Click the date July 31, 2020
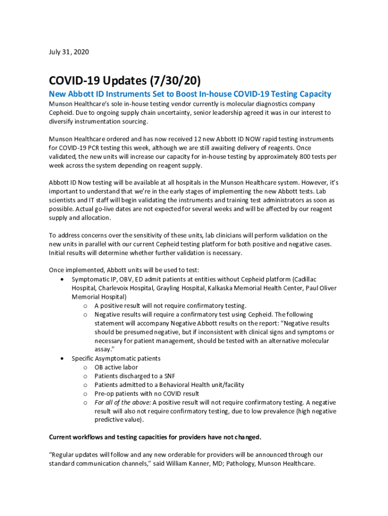click(x=69, y=52)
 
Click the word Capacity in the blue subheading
click(x=315, y=94)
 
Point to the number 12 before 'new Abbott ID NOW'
click(x=192, y=139)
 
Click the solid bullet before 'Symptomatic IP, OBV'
click(x=61, y=279)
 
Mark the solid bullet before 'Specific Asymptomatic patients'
click(x=61, y=359)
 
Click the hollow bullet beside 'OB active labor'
click(x=86, y=368)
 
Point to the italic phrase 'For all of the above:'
click(x=122, y=403)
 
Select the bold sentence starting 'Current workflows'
click(x=155, y=437)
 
